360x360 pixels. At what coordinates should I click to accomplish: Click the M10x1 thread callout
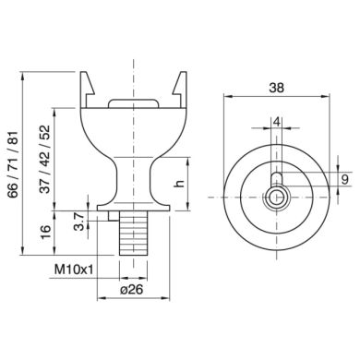click(75, 269)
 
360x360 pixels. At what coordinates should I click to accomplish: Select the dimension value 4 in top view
click(275, 121)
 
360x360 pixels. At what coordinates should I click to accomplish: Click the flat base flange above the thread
click(135, 208)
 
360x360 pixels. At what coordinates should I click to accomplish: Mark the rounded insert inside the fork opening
click(135, 103)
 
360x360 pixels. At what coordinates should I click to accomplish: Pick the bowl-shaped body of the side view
click(135, 134)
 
